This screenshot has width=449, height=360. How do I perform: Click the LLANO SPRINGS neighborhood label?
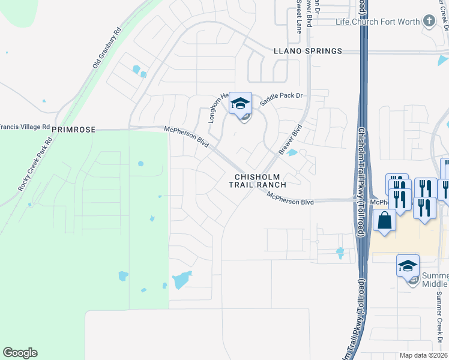pos(307,52)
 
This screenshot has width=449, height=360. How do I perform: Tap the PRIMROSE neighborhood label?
pos(74,129)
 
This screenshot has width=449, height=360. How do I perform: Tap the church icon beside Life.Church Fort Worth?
pos(429,22)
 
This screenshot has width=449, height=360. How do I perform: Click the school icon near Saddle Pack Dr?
pos(240,103)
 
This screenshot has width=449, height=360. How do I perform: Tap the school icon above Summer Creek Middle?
pos(408,265)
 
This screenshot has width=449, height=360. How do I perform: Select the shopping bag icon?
pos(384,220)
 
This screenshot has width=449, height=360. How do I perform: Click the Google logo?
pos(20,353)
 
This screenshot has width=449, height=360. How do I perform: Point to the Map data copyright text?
pos(424,355)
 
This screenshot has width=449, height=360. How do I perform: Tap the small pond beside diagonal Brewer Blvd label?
pos(292,152)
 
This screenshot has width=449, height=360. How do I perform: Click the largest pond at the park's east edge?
pos(182,280)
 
